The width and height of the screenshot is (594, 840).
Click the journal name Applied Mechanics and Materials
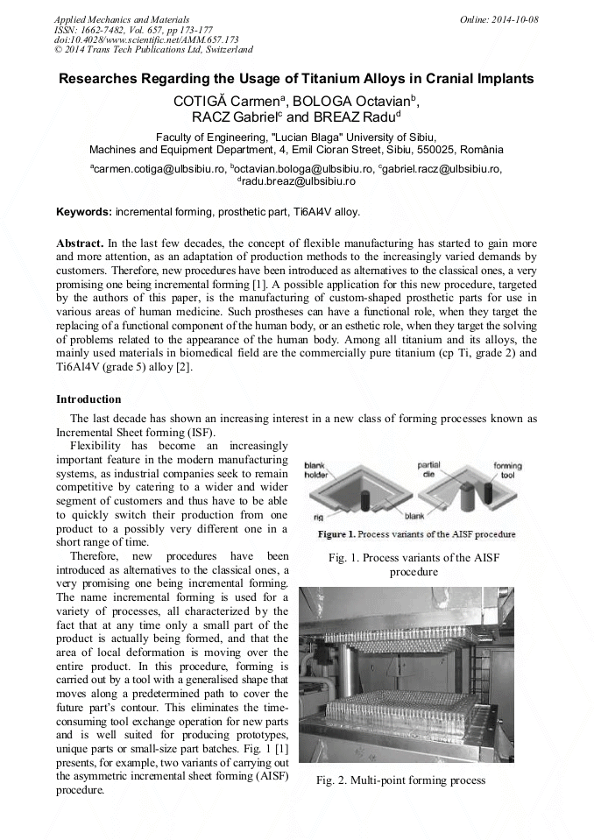click(x=122, y=19)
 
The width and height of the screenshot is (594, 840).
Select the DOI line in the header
click(x=146, y=39)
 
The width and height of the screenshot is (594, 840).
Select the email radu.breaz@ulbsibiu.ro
click(x=299, y=180)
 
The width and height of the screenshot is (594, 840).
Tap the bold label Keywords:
click(x=84, y=212)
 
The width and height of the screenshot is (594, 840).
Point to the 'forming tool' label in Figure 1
click(x=507, y=469)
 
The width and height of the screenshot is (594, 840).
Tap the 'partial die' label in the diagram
click(x=428, y=469)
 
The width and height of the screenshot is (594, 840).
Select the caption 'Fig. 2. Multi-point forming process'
click(x=401, y=780)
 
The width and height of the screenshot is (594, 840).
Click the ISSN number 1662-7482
click(x=105, y=30)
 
